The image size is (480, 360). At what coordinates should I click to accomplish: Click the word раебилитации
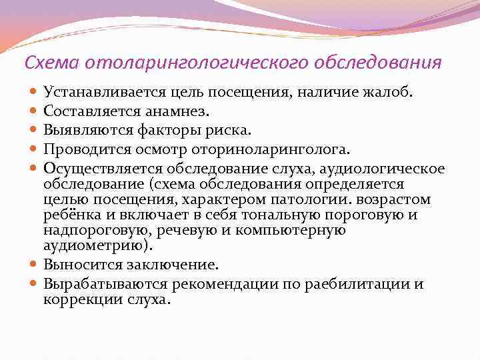coord(356,283)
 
